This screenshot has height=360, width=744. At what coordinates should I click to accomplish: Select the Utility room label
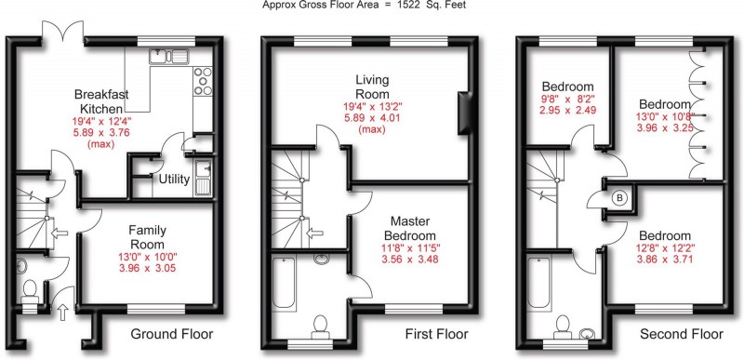[174, 179]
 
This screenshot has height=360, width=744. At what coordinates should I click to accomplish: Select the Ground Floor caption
[171, 335]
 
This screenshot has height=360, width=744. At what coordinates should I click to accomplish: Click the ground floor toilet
[29, 294]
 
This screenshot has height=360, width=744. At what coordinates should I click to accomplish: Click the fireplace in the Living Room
[463, 113]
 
